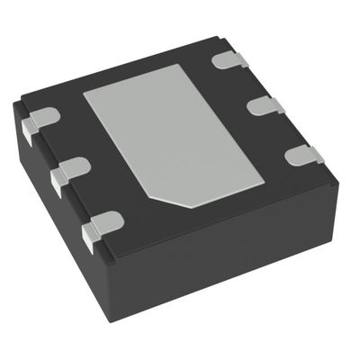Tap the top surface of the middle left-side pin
(73, 167)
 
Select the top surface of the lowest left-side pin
(106, 220)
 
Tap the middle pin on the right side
(265, 105)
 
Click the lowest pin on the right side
(303, 155)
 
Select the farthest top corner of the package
(220, 39)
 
